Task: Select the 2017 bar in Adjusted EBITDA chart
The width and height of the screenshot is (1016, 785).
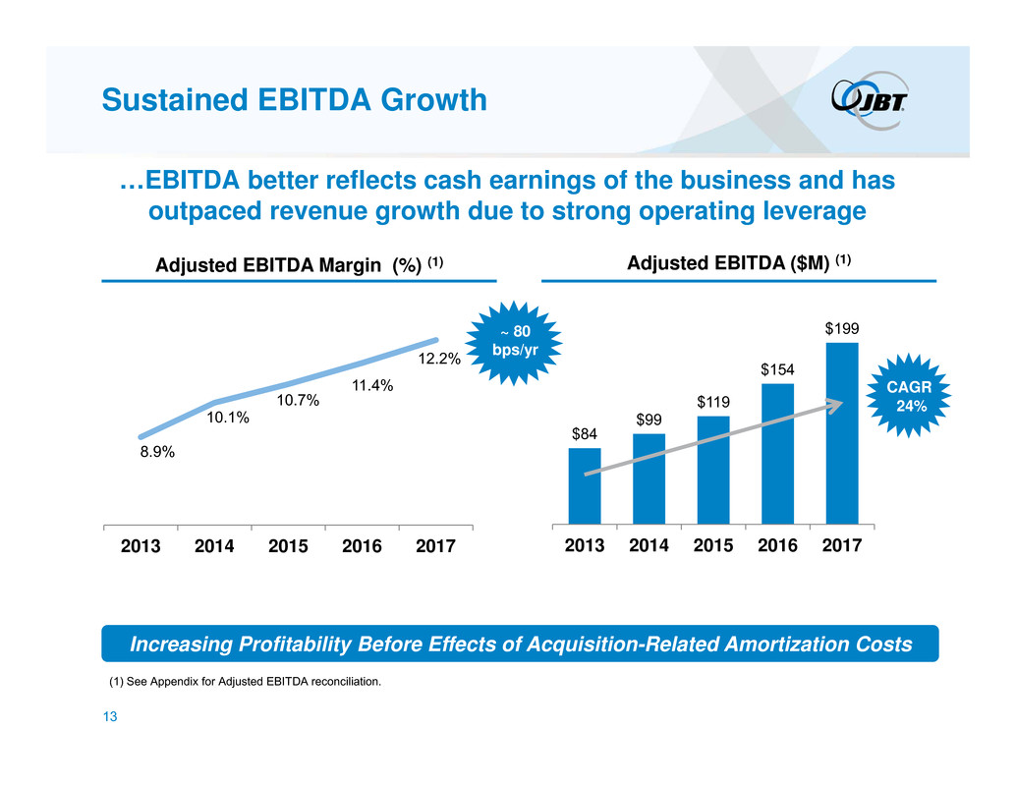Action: coord(842,433)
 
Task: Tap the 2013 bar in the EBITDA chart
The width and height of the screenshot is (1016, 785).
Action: coord(585,485)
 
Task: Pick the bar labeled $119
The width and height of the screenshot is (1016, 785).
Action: coord(713,470)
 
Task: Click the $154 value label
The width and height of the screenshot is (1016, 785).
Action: coord(777,368)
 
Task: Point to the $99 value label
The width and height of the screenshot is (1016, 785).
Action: coord(649,420)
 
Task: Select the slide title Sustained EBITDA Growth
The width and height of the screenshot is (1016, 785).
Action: coord(296,99)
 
